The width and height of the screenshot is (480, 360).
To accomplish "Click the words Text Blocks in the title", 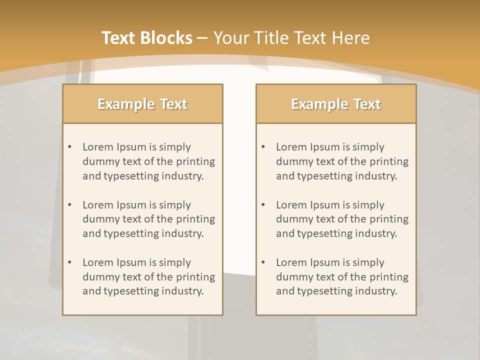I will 147,38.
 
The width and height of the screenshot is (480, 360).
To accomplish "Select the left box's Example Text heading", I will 142,104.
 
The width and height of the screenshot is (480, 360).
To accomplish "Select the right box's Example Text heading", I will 336,104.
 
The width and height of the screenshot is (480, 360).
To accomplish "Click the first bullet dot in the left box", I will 70,147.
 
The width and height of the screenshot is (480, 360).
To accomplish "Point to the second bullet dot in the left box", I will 70,205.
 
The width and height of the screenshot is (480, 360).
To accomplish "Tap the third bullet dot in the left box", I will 70,262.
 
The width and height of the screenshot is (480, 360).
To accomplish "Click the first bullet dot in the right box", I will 263,147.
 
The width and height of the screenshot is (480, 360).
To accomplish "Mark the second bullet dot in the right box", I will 263,205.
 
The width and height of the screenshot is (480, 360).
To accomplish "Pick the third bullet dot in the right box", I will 263,262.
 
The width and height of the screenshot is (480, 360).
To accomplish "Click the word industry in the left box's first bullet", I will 183,176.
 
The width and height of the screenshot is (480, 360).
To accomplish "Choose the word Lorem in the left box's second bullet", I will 98,205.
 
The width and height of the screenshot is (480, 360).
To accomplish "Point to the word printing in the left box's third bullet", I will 196,277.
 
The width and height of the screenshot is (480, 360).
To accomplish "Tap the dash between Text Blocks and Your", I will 203,38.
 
